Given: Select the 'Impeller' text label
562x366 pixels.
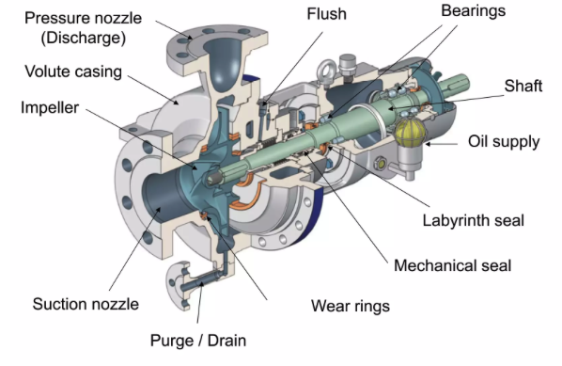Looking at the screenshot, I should (x=51, y=106).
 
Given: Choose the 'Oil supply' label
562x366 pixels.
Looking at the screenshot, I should (x=504, y=142).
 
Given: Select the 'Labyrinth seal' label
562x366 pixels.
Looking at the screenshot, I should (x=472, y=221).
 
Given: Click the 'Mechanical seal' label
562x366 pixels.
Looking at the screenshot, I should (x=453, y=265).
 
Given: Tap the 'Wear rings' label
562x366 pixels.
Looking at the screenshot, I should (x=351, y=306).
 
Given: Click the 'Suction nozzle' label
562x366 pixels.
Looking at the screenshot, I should (x=86, y=304).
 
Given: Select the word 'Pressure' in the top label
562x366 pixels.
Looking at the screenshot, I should (x=54, y=18).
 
